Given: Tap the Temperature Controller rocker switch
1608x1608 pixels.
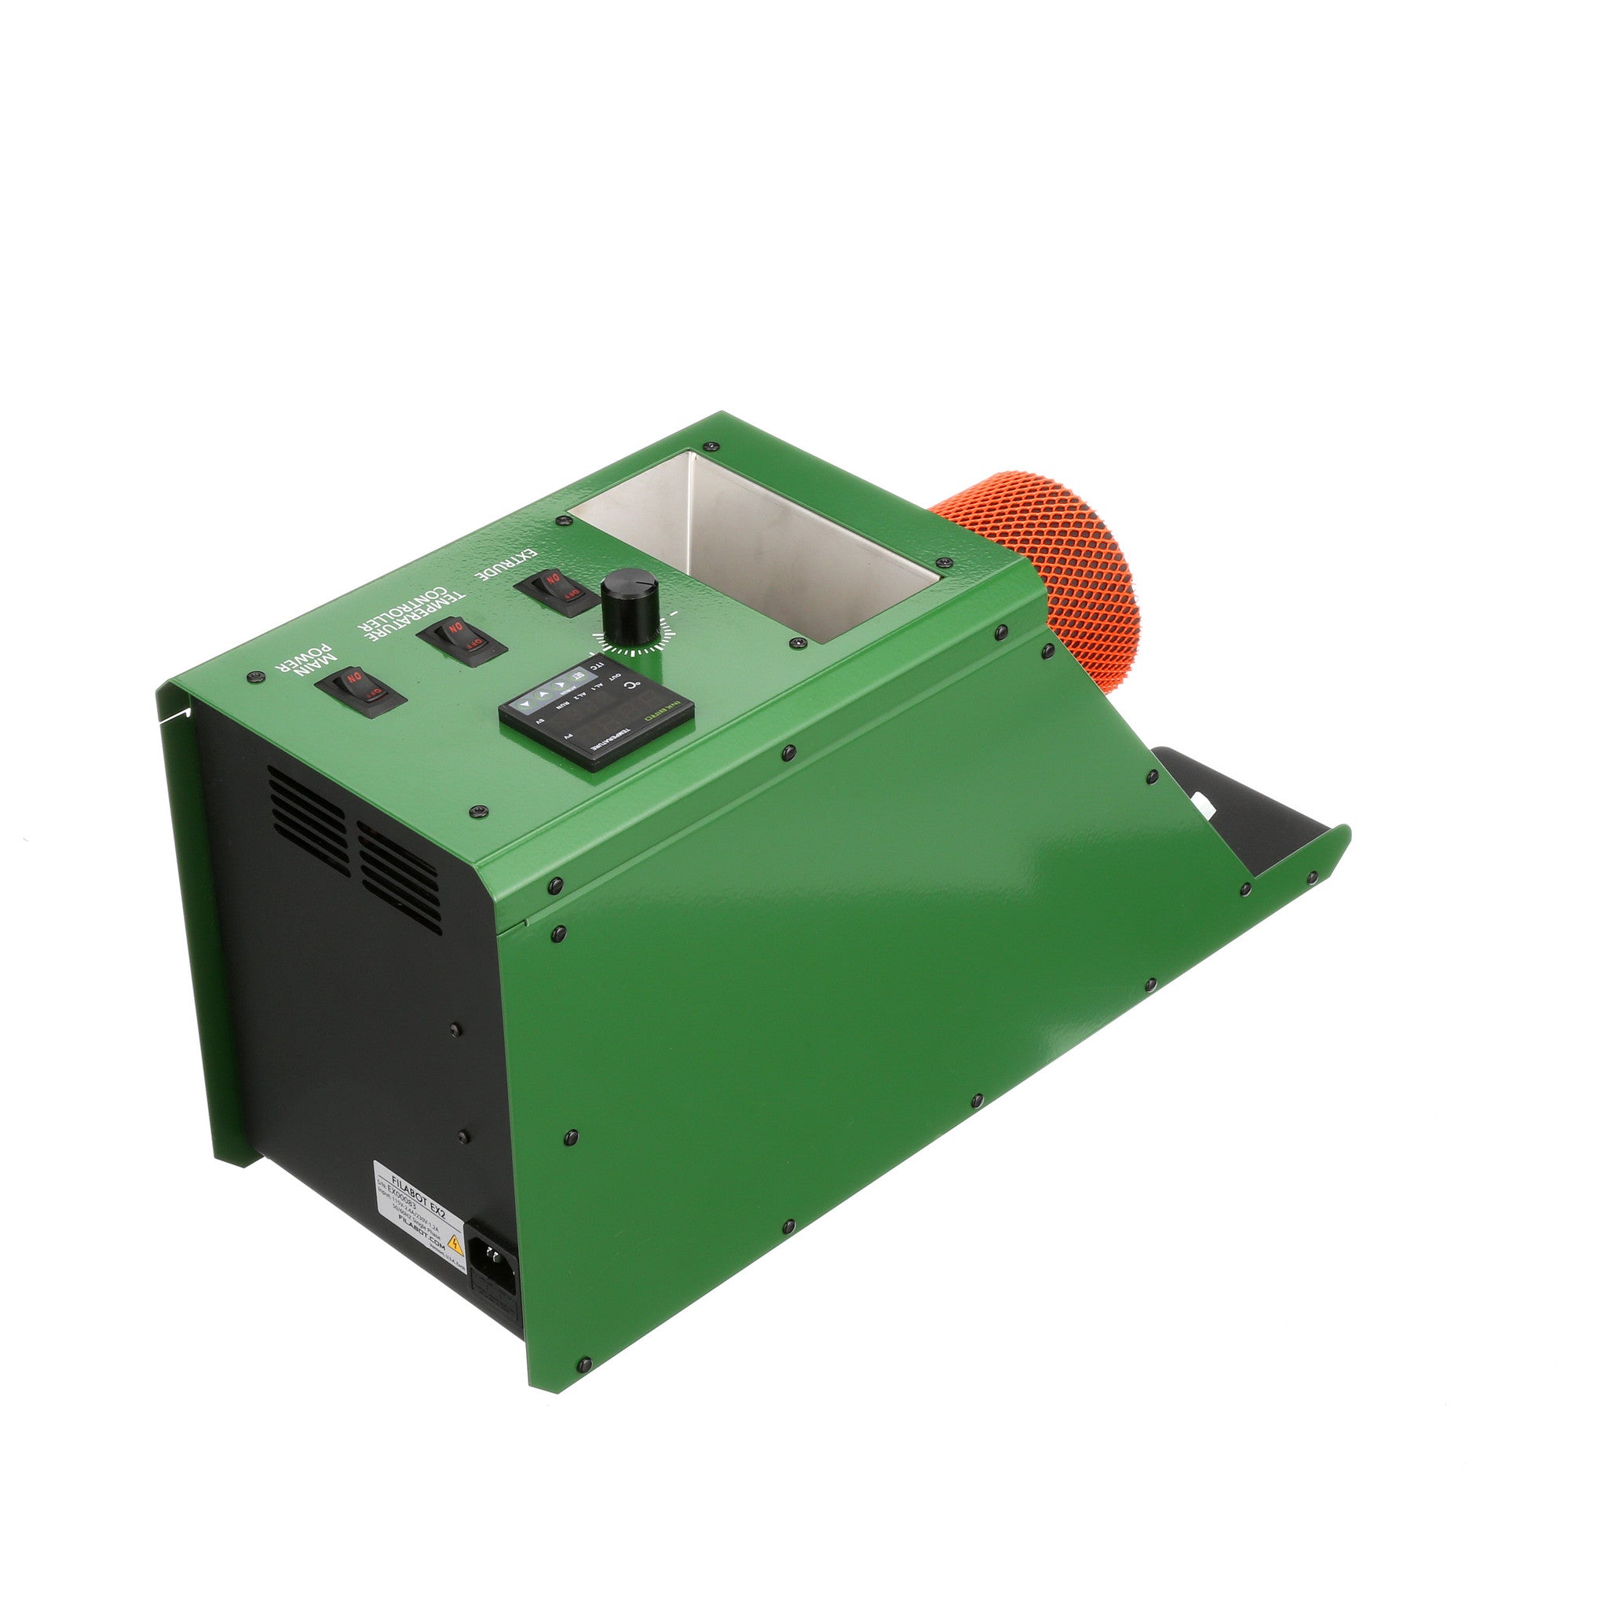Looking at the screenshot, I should [x=462, y=639].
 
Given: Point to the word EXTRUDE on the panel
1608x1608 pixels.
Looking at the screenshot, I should [x=507, y=565].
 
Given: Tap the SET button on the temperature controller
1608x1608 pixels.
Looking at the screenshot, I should [x=572, y=679].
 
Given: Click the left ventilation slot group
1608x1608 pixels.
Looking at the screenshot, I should [x=307, y=820].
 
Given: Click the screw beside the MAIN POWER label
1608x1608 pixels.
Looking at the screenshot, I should [x=255, y=678].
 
